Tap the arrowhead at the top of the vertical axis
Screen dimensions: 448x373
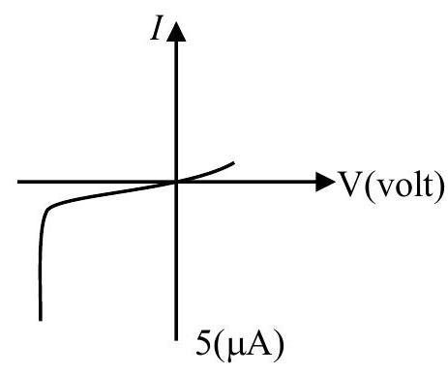click(x=176, y=32)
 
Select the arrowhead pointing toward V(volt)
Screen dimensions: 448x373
click(x=325, y=182)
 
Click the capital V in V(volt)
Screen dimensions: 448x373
click(x=351, y=184)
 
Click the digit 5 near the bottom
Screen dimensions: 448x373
click(x=204, y=343)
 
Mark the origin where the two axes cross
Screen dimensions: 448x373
click(x=176, y=182)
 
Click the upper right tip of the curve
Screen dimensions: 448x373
click(x=233, y=163)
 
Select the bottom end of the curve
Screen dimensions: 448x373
click(x=41, y=320)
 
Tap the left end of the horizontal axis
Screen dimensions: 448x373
click(x=18, y=182)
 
